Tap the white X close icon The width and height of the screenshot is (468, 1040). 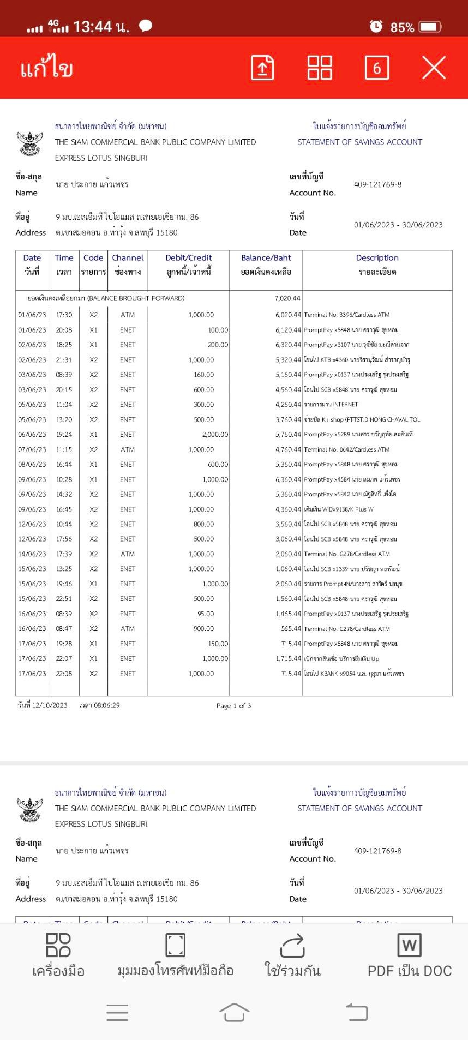tap(434, 68)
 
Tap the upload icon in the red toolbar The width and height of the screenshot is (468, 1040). tap(262, 68)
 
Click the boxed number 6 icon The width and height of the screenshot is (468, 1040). tap(377, 68)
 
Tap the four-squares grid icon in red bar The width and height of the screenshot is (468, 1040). tap(320, 68)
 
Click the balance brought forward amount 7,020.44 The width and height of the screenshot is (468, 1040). tap(287, 298)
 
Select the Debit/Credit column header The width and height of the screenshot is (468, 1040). tap(189, 258)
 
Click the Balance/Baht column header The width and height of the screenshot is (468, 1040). tap(266, 258)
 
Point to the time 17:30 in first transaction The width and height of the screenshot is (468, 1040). tap(64, 315)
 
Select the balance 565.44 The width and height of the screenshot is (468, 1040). tap(291, 629)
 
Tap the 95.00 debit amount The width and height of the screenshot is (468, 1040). tap(206, 614)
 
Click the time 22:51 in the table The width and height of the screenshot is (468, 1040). tap(64, 599)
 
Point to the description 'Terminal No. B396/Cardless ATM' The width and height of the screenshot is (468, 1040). tap(346, 315)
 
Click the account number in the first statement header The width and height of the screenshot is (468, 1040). tap(377, 184)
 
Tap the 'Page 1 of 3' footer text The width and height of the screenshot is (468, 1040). tap(233, 706)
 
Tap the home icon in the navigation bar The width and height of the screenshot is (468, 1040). tap(234, 1012)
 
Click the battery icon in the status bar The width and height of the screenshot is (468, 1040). tap(430, 27)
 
